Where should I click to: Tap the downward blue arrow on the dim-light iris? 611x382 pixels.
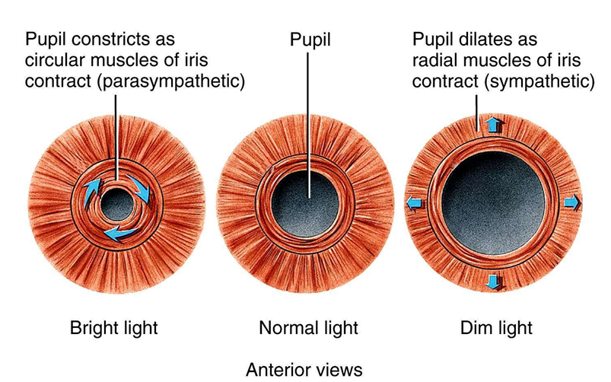click(494, 282)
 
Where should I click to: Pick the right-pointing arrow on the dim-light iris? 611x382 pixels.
click(572, 202)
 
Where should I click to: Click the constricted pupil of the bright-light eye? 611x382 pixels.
click(116, 203)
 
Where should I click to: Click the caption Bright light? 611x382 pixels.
click(114, 329)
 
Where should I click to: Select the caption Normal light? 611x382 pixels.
click(307, 329)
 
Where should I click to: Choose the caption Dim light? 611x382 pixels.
click(495, 329)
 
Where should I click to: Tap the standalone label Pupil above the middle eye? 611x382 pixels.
click(309, 37)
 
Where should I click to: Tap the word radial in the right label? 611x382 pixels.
click(434, 59)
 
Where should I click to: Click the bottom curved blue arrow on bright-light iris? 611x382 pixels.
click(120, 234)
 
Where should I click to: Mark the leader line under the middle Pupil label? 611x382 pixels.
click(309, 122)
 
